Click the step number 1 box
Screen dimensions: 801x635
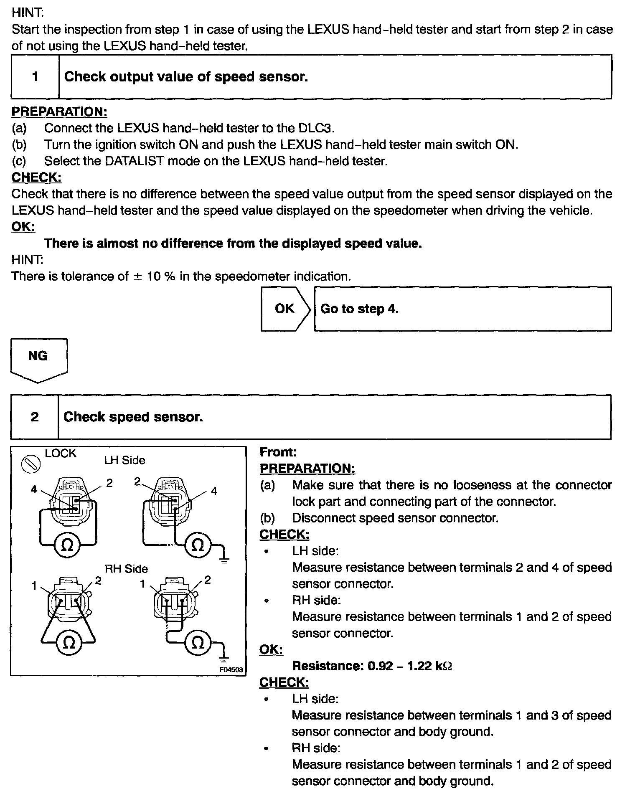click(35, 77)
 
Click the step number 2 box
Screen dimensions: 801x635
click(34, 417)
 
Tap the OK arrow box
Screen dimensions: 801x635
click(285, 309)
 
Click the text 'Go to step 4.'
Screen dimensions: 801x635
click(359, 309)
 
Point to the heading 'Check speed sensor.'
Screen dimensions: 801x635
click(133, 417)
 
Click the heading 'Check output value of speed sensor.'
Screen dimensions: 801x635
click(186, 77)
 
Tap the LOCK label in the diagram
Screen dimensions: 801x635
click(61, 454)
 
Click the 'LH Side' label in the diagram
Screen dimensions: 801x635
click(124, 460)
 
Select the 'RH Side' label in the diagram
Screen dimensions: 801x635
click(126, 569)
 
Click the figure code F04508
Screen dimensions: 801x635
click(231, 669)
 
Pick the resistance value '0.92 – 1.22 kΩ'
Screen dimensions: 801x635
click(409, 666)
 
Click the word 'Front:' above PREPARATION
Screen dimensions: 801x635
click(278, 452)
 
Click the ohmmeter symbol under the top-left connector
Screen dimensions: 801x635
click(67, 545)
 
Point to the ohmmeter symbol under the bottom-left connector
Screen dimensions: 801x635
click(69, 643)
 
